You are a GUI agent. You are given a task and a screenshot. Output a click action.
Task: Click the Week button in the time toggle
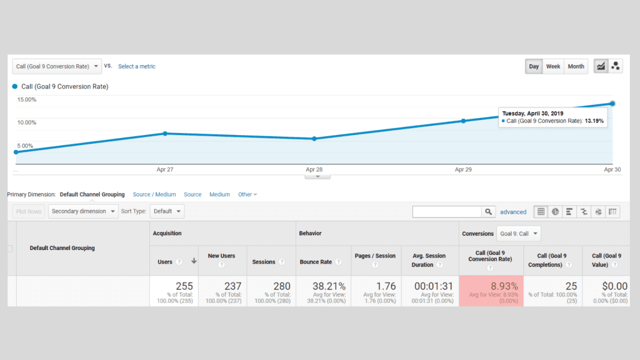(x=552, y=66)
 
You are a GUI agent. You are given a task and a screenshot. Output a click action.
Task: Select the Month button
(x=576, y=66)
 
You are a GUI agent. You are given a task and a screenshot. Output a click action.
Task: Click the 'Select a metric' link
(x=137, y=66)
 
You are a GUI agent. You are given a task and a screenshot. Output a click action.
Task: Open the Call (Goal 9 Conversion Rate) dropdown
(x=57, y=66)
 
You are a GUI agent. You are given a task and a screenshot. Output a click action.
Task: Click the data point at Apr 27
(x=165, y=133)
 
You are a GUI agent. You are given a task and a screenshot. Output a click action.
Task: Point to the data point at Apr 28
(x=314, y=139)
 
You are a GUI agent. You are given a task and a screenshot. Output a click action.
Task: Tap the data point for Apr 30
(x=612, y=103)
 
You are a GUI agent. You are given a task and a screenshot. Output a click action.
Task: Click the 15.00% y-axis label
(x=26, y=100)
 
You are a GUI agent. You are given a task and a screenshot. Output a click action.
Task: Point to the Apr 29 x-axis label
(x=463, y=169)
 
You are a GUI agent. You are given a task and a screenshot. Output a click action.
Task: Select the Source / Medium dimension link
(x=154, y=194)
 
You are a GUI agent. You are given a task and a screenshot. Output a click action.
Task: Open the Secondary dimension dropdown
(x=83, y=211)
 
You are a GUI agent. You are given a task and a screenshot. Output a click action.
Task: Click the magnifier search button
(x=489, y=212)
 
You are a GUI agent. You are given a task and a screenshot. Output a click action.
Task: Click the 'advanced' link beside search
(x=513, y=212)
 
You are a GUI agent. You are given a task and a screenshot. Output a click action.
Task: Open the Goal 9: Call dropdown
(x=519, y=234)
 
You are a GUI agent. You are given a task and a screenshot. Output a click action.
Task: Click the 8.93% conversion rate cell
(x=491, y=287)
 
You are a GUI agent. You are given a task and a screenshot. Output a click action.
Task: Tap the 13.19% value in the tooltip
(x=594, y=121)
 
